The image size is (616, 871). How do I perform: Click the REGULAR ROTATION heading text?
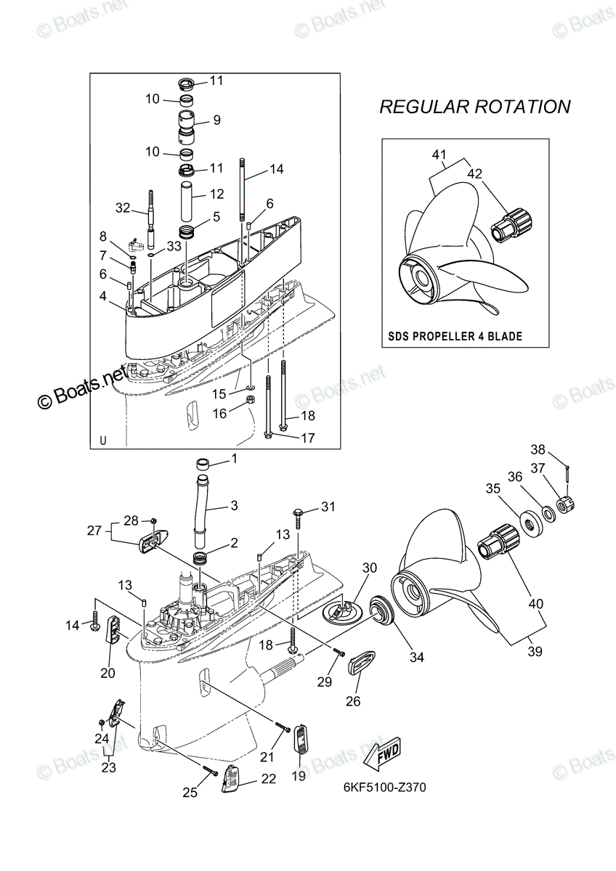(x=475, y=107)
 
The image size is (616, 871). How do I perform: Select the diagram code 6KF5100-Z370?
(x=384, y=788)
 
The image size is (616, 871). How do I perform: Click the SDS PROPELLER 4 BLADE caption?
(x=455, y=336)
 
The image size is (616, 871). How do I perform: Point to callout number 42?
(x=474, y=173)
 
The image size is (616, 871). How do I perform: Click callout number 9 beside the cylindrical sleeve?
(x=216, y=120)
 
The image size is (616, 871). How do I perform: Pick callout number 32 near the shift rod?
(x=123, y=208)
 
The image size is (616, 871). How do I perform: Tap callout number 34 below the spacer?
(x=416, y=657)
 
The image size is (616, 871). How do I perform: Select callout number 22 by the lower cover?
(x=268, y=778)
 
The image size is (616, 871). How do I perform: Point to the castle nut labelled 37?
(x=567, y=505)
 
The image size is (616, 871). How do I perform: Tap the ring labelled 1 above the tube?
(x=205, y=465)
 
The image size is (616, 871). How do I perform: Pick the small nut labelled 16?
(x=251, y=400)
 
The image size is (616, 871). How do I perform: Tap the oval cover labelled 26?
(x=361, y=663)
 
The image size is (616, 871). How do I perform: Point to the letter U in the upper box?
(x=102, y=441)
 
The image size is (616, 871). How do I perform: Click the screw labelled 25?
(x=210, y=769)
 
